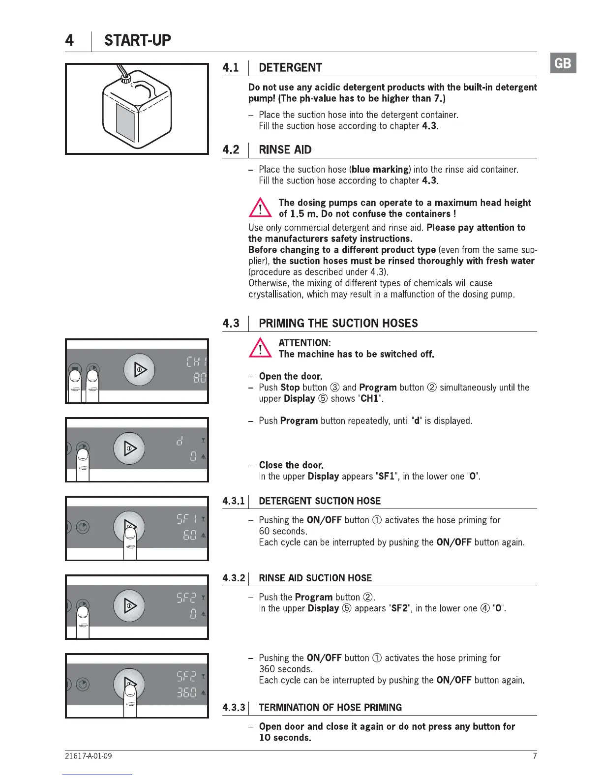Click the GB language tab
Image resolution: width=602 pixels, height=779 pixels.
(x=563, y=63)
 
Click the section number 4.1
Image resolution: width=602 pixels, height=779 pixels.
(x=231, y=67)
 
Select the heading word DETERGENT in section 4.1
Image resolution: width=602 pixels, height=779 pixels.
(x=290, y=67)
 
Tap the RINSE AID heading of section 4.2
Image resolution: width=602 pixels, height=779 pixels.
(x=285, y=150)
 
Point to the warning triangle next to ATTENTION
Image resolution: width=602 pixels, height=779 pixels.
(x=260, y=348)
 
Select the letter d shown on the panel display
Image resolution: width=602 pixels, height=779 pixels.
(x=180, y=441)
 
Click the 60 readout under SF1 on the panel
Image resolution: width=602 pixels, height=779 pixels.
(x=189, y=535)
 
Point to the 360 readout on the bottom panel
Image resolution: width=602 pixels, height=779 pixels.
(x=186, y=692)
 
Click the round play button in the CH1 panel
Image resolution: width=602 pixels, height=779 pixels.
(x=139, y=369)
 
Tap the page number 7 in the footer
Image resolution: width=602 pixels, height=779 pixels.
(x=535, y=756)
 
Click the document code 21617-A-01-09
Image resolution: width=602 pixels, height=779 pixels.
(x=88, y=756)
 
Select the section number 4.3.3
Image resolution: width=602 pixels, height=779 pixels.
(x=234, y=707)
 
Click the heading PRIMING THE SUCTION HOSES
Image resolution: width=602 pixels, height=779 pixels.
(x=338, y=323)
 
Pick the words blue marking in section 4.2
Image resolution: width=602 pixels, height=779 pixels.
(x=380, y=169)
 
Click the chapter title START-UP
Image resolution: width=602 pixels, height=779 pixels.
(x=137, y=40)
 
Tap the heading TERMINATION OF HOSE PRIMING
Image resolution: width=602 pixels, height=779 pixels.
(x=330, y=707)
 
